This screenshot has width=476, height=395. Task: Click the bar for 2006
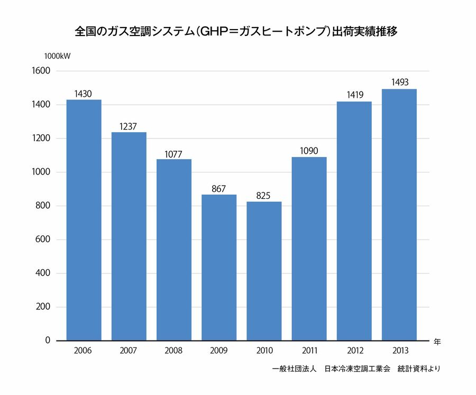[84, 220]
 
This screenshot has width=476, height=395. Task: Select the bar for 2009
[219, 268]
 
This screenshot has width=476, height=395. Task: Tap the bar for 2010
[264, 271]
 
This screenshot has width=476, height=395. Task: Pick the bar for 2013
[399, 215]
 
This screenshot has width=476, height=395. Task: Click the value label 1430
[83, 94]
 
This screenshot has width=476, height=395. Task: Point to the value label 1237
[129, 127]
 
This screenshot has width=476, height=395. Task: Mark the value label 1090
[309, 151]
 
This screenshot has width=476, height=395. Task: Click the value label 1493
[399, 83]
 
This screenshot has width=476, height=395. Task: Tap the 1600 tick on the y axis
[41, 71]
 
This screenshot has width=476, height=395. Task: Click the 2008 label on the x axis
[173, 351]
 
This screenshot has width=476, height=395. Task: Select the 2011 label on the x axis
[309, 351]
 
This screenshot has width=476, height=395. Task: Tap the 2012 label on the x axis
[354, 351]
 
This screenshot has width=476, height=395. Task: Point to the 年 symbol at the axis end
[437, 342]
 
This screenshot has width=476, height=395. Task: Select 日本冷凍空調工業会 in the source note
[357, 369]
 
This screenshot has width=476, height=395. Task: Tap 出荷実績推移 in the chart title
[364, 31]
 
